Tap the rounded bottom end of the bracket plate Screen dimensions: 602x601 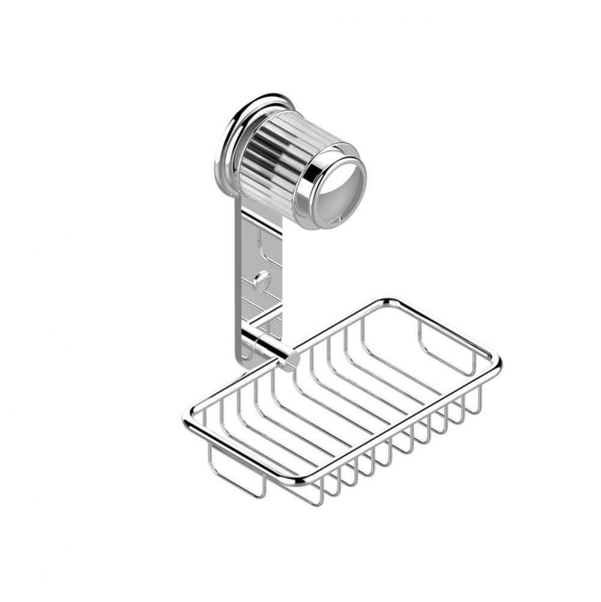tap(246, 359)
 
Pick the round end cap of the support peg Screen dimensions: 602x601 tap(292, 359)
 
